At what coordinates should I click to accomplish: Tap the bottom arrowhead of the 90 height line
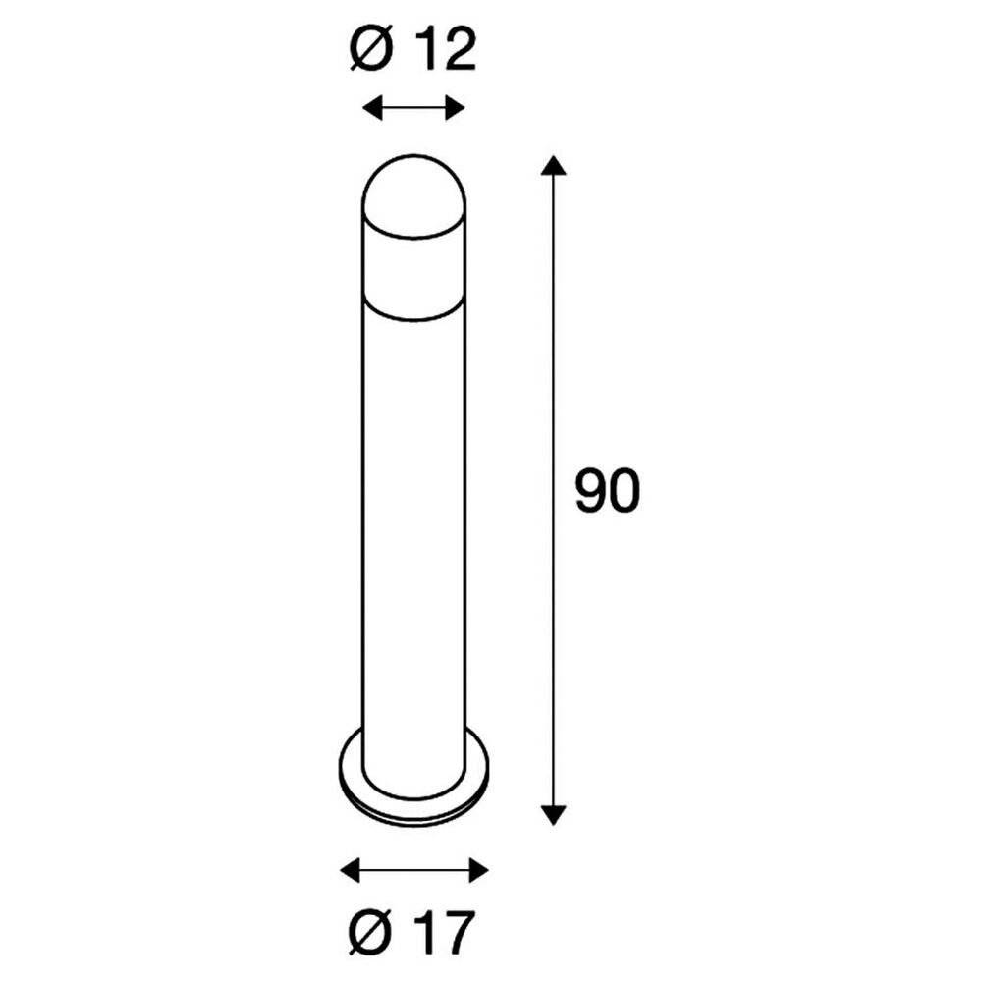pyautogui.click(x=555, y=814)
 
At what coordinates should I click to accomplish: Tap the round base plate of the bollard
pyautogui.click(x=412, y=786)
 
